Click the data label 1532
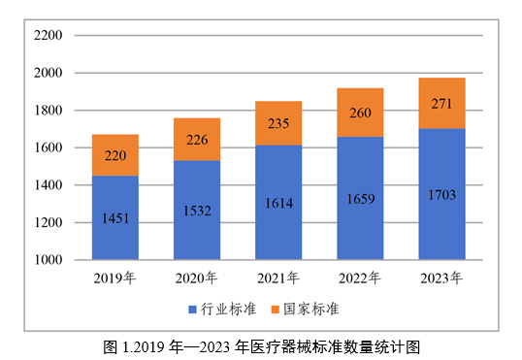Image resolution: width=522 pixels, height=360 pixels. coord(197,210)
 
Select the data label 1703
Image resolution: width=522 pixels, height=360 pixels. coord(441,194)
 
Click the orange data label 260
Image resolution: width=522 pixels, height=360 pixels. coord(360,113)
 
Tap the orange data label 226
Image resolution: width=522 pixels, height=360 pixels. coord(197,140)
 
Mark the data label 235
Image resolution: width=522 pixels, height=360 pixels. coord(278,123)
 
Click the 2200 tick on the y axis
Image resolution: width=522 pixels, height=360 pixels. coord(48,36)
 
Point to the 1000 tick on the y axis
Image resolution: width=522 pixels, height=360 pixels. coord(48,260)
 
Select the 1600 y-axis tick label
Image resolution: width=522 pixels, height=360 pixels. coord(48,147)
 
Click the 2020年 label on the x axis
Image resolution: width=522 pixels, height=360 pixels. coord(197,279)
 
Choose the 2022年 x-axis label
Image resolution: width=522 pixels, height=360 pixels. coord(360,279)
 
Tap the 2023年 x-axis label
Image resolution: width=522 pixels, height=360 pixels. coord(441,279)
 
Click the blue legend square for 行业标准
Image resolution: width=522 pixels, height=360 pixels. coord(192,310)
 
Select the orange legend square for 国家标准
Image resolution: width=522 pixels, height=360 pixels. coord(275,310)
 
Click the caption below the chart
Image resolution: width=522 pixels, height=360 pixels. coord(261,344)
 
